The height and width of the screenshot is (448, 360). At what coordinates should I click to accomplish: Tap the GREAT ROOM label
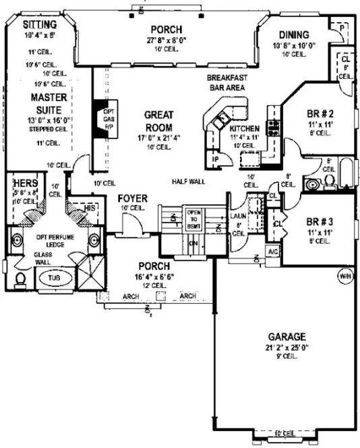point(158,121)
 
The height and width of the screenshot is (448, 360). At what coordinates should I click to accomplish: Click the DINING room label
point(291,35)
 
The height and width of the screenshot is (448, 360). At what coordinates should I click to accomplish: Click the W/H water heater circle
point(345,275)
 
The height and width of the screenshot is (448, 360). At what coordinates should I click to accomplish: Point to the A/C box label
point(273,251)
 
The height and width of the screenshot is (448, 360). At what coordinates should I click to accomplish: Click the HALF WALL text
point(188,181)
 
